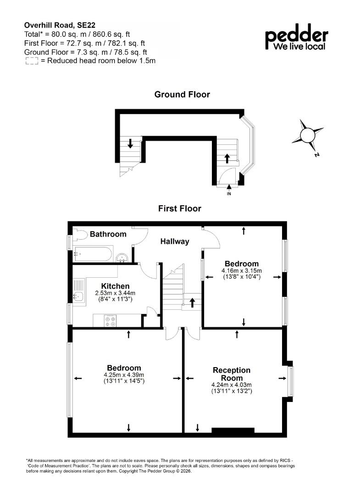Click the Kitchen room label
(115, 286)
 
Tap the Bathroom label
(108, 234)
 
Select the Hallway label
(175, 242)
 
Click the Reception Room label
(232, 374)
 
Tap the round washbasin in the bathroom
(122, 258)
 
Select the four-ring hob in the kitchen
(110, 321)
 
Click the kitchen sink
(78, 296)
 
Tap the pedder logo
(296, 37)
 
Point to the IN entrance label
(229, 193)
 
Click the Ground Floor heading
(182, 94)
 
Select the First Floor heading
(180, 209)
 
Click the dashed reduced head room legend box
(32, 61)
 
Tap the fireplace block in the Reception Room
(233, 430)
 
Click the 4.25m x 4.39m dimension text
(124, 375)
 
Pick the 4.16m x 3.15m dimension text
(242, 270)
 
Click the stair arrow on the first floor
(192, 302)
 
